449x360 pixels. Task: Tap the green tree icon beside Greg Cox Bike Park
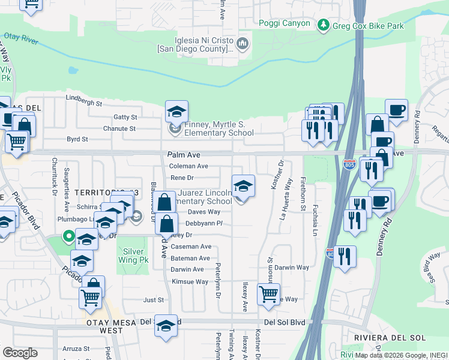[324, 25]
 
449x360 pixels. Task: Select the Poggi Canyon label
[285, 23]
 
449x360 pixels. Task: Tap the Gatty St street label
[125, 117]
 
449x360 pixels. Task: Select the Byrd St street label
[77, 139]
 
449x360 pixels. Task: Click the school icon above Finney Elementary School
[176, 112]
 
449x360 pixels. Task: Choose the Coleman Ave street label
[188, 166]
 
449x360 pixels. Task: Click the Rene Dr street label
[182, 178]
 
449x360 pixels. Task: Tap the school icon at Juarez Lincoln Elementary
[243, 187]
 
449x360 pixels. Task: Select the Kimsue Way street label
[190, 281]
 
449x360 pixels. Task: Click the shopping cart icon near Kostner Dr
[268, 294]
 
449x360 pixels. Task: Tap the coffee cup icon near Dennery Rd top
[396, 110]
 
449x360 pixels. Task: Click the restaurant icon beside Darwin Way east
[345, 256]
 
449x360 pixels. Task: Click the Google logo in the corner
[20, 353]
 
